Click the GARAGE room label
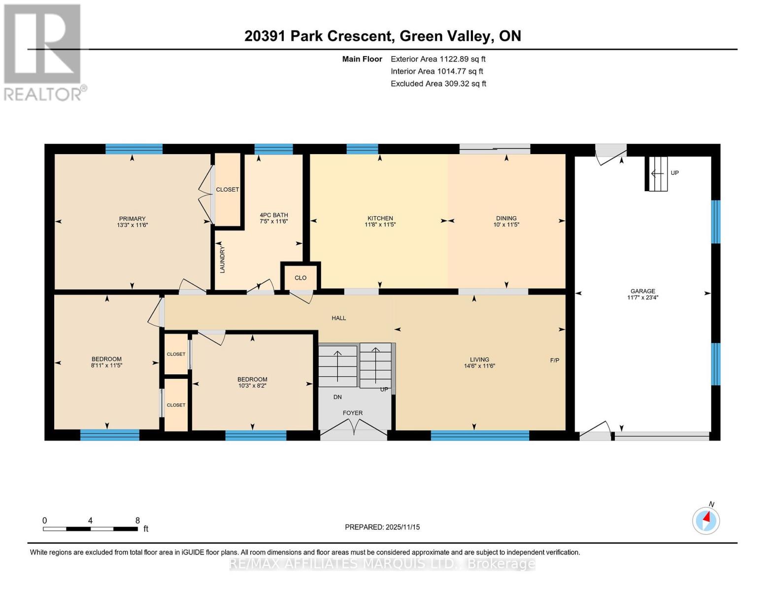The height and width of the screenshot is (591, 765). tap(642, 291)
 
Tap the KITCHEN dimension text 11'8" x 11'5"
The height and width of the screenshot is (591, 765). tap(380, 225)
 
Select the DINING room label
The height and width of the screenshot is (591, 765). tap(506, 218)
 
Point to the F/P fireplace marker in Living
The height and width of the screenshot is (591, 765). tap(554, 361)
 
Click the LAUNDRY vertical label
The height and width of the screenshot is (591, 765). tap(222, 260)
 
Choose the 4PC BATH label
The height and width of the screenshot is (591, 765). tap(273, 215)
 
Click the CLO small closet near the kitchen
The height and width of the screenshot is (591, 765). tap(300, 278)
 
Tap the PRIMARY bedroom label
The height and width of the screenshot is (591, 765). tap(132, 219)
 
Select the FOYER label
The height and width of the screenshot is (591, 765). tap(353, 413)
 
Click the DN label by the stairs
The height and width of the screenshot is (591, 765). tap(337, 397)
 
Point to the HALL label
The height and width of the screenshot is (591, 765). tap(338, 318)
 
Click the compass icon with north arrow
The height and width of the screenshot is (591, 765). tap(706, 521)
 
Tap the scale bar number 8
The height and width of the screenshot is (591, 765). tap(137, 521)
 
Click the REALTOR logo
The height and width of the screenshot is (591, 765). tap(43, 52)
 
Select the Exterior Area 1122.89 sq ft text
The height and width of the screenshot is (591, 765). tap(437, 59)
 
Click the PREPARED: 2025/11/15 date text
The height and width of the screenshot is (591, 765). tap(382, 527)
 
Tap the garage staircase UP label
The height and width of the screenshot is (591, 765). tap(674, 173)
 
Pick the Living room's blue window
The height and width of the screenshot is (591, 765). tap(480, 435)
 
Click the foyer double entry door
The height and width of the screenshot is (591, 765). tap(353, 429)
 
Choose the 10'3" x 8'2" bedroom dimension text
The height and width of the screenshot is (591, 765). tap(252, 386)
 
